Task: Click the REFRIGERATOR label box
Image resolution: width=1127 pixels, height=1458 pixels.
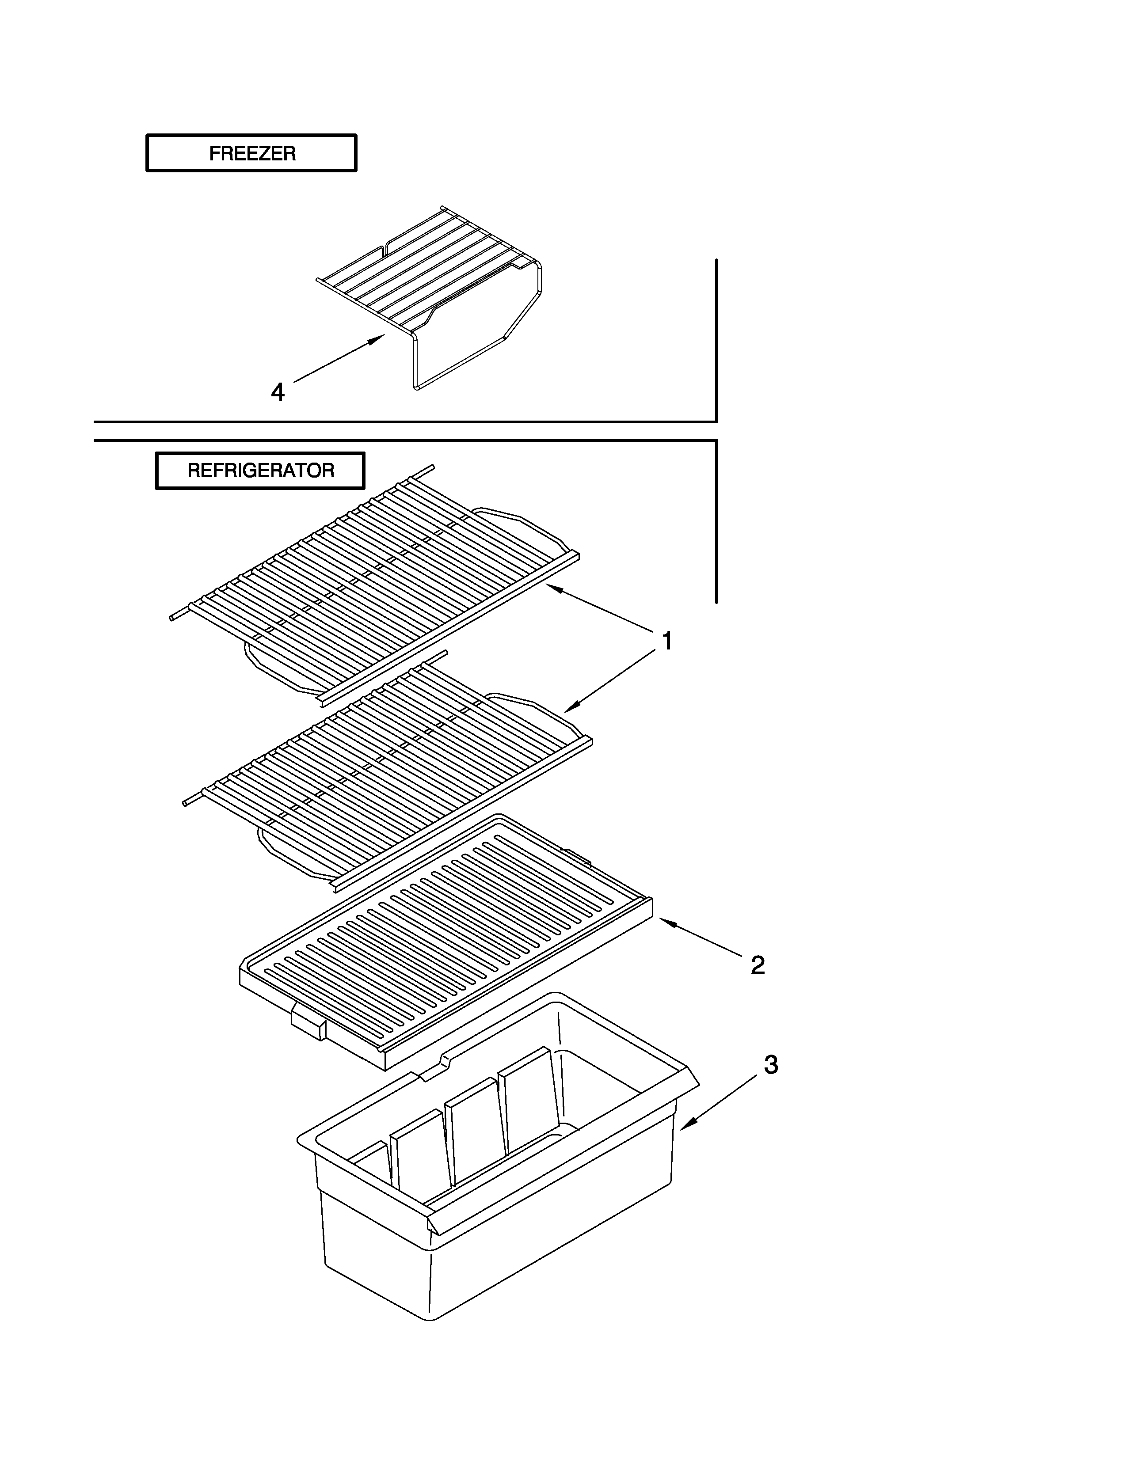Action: click(x=260, y=471)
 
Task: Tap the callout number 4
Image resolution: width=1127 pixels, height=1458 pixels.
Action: click(x=278, y=392)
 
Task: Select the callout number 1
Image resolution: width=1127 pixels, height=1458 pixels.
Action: click(x=666, y=641)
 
